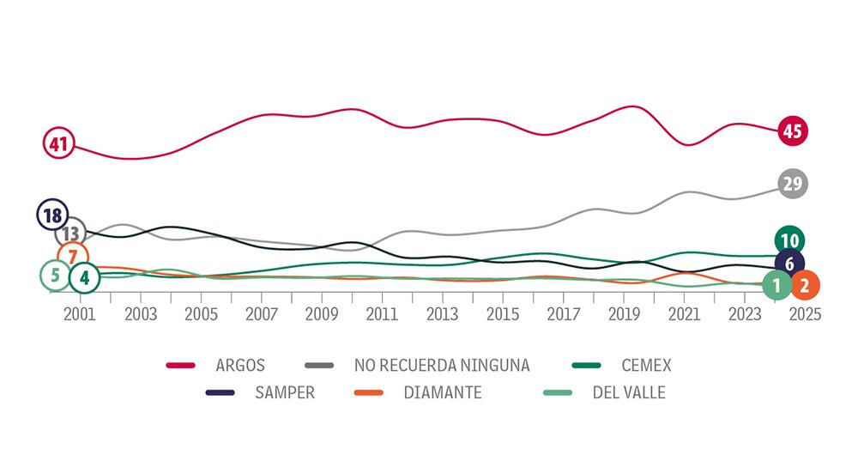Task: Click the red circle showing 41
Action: point(58,144)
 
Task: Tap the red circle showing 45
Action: point(793,131)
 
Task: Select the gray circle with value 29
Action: point(793,183)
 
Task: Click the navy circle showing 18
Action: point(53,215)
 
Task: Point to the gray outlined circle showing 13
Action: point(71,233)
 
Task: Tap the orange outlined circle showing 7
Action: point(73,256)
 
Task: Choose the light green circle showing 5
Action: point(56,276)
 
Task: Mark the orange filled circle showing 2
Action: point(804,285)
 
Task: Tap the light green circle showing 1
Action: point(777,285)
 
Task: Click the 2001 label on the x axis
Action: point(80,314)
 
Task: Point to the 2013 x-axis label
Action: point(442,314)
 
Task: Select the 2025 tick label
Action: point(804,314)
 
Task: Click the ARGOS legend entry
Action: point(242,366)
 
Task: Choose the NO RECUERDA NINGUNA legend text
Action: point(442,366)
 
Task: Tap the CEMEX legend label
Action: point(648,366)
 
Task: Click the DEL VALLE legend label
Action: point(629,393)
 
